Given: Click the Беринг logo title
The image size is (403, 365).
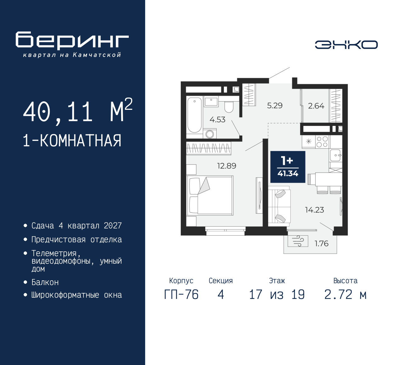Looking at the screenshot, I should tap(72, 41).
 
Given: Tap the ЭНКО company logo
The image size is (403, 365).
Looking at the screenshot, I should tap(346, 45).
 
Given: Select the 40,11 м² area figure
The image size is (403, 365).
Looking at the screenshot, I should tap(77, 111).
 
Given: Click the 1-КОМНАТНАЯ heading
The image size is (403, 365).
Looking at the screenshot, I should tap(72, 141).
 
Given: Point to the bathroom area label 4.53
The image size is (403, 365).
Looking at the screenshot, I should tap(217, 120).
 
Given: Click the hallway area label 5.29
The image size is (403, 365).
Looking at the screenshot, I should tap(275, 105).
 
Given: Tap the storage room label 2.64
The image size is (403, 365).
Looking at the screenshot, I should tap(316, 106).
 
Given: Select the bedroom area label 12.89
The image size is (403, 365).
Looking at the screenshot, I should tap(226, 166).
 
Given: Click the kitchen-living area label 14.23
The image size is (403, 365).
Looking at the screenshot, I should tap(314, 210).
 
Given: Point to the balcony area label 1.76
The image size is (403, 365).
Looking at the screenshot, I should tap(321, 244).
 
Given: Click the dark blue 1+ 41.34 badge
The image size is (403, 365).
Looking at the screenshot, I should tap(288, 167).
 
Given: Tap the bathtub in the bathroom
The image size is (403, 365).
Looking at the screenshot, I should tap(194, 115).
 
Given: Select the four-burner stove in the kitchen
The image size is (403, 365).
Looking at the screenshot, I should tap(322, 142).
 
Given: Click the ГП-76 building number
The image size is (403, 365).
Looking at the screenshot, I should tap(181, 295).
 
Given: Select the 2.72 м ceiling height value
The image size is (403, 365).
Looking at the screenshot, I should tap(345, 295).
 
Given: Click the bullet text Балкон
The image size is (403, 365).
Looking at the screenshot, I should tap(45, 282).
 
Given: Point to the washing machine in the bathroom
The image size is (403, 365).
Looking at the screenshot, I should tap(210, 134).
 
